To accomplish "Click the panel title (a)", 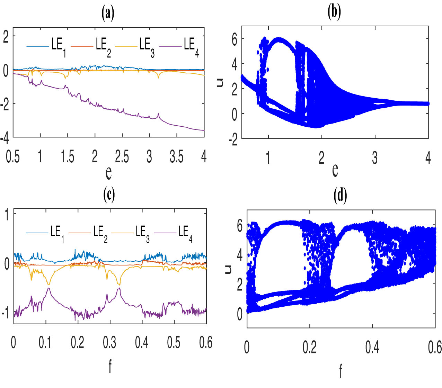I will (108, 13).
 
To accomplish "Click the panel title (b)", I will (334, 12).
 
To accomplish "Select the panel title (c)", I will (109, 195).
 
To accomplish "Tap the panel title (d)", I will (340, 196).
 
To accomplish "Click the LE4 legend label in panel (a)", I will (191, 46).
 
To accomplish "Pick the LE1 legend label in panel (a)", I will (59, 46).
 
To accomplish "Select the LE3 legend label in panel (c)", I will (142, 233).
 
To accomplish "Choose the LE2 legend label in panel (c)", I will (100, 233).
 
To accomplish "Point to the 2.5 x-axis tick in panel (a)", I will (122, 157).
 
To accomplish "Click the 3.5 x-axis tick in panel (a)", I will (176, 157).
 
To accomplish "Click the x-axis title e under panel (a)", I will (108, 172).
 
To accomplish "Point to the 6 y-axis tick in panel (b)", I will (235, 40).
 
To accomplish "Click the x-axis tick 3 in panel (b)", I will (375, 158).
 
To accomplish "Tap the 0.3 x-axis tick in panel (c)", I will (109, 342).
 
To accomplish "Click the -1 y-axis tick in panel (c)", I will (5, 313).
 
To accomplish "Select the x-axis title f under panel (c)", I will (110, 366).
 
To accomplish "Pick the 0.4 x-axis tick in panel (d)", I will (372, 347).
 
